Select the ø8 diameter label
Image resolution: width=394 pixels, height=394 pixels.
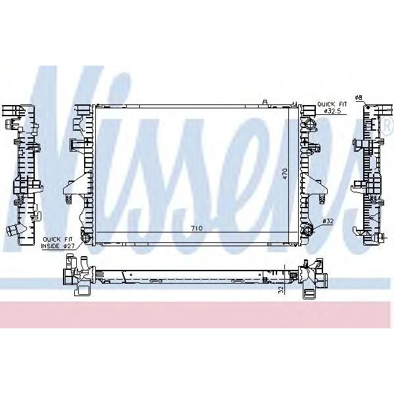358,98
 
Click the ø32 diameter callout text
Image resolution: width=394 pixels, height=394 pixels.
328,223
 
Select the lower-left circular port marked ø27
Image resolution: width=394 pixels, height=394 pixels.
83,236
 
